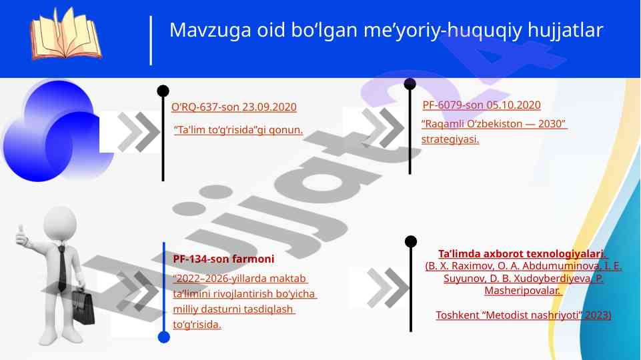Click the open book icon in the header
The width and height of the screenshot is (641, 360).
point(65,34)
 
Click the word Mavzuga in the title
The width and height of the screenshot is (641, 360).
point(210,30)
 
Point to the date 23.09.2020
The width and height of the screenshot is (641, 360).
point(269,107)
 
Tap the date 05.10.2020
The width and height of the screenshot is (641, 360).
point(514,105)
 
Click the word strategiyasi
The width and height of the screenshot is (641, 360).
point(450,139)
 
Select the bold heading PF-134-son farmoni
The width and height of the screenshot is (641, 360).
point(223,259)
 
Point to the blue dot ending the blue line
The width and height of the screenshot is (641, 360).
point(164,337)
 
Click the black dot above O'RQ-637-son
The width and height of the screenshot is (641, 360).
point(163,91)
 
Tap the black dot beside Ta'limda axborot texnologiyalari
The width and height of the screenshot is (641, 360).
point(411,241)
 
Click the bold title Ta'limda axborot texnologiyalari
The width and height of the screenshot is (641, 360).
point(523,254)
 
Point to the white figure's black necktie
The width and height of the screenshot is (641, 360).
point(62,268)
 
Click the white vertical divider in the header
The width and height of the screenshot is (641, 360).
point(151,41)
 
